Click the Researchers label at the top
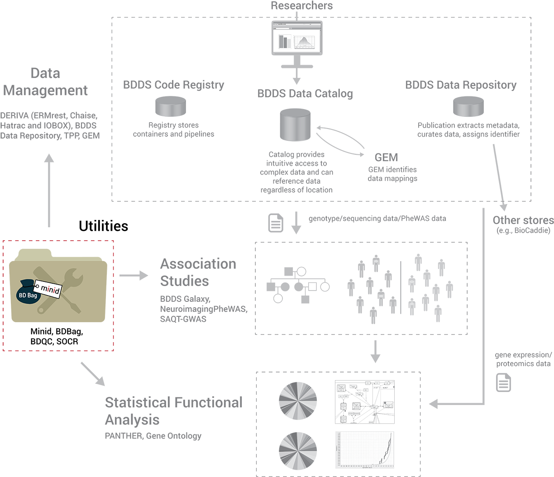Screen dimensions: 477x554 click(301, 6)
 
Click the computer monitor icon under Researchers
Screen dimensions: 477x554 click(297, 38)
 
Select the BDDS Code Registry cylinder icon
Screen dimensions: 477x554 click(171, 106)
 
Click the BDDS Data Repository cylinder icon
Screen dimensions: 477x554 click(468, 106)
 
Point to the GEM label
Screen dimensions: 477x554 click(386, 157)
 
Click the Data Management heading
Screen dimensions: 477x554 click(45, 82)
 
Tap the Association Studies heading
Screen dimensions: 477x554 click(198, 272)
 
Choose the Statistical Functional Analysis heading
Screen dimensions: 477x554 click(173, 410)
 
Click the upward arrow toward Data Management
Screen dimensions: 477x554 click(49, 190)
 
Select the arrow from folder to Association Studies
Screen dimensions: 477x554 click(134, 275)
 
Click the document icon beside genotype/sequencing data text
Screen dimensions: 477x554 click(276, 223)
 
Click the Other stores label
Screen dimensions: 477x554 click(523, 220)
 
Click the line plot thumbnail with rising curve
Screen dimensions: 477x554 click(364, 449)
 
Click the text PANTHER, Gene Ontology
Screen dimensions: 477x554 click(153, 436)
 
